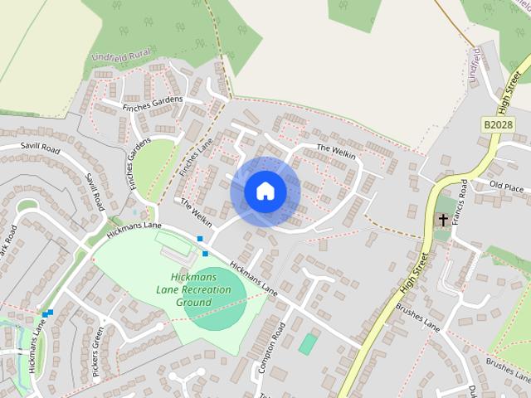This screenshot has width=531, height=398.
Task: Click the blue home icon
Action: coord(265,191)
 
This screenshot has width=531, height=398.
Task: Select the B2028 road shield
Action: coord(497,124)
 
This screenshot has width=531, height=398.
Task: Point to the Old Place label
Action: coord(506,187)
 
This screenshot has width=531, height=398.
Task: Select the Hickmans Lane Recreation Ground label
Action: coord(192,289)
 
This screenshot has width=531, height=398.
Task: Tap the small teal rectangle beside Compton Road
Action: coord(308,343)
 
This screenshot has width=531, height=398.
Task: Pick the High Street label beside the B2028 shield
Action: coord(509,91)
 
